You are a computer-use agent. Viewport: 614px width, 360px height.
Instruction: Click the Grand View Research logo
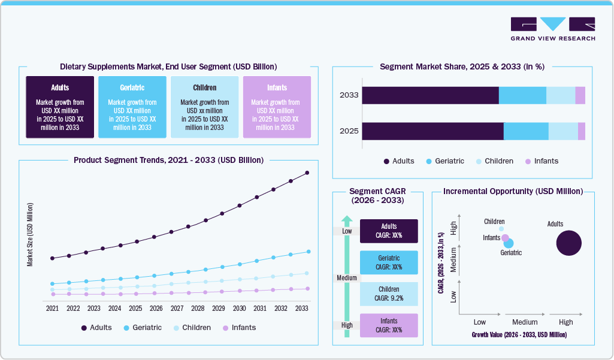[x=552, y=29]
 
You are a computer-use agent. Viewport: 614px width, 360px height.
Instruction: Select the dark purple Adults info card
[x=60, y=107]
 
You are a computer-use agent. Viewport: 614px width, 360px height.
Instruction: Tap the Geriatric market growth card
[x=132, y=107]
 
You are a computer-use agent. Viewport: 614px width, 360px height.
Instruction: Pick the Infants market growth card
[x=277, y=107]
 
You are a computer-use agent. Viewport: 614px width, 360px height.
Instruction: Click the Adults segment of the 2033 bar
[x=430, y=95]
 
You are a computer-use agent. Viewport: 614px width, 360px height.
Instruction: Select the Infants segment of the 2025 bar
[x=582, y=131]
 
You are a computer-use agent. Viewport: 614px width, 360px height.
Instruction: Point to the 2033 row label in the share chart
[x=349, y=95]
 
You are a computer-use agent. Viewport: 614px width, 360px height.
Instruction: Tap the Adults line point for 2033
[x=307, y=173]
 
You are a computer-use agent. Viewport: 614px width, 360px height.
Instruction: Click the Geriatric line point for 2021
[x=52, y=284]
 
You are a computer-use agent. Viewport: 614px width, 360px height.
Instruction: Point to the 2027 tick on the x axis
[x=177, y=308]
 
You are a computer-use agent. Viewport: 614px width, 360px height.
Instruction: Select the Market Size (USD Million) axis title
[x=29, y=234]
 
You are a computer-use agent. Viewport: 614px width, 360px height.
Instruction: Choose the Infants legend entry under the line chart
[x=239, y=328]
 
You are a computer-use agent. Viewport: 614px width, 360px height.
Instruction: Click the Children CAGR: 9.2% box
[x=389, y=294]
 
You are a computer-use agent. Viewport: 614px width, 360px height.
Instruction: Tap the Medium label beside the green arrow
[x=346, y=278]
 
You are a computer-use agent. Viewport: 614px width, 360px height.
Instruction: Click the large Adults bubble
[x=568, y=243]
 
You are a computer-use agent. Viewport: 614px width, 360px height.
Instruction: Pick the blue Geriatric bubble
[x=509, y=243]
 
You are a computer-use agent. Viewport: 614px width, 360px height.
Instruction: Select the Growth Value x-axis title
[x=519, y=334]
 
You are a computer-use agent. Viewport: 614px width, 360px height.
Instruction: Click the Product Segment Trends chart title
[x=168, y=161]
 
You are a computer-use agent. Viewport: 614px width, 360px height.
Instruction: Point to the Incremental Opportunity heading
[x=513, y=192]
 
